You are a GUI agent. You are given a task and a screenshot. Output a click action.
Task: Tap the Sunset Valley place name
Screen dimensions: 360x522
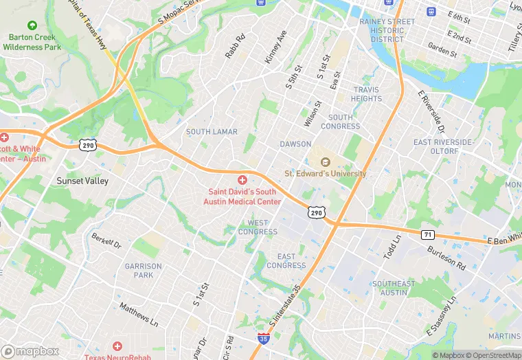tap(82, 181)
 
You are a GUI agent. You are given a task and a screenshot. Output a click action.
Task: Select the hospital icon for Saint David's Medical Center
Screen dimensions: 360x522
tap(242, 179)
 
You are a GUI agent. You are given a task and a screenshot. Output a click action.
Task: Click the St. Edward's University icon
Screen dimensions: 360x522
tap(326, 162)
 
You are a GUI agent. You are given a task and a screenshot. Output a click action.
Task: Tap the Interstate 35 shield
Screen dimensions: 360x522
tap(263, 339)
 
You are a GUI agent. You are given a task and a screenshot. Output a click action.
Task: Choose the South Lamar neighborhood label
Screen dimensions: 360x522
tap(212, 132)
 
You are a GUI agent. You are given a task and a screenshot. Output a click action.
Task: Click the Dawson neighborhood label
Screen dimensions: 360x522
tap(295, 144)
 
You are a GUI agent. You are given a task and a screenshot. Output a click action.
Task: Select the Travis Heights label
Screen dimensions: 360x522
tap(367, 94)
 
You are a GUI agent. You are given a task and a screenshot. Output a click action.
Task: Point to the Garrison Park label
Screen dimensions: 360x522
tap(144, 271)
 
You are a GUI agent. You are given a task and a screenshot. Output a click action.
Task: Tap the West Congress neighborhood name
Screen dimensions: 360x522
tap(258, 227)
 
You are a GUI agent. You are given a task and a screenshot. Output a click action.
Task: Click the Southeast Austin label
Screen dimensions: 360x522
tap(394, 288)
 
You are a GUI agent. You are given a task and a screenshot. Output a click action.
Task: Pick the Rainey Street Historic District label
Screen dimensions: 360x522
tap(387, 30)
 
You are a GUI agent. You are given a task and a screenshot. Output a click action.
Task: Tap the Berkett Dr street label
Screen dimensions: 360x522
tap(106, 240)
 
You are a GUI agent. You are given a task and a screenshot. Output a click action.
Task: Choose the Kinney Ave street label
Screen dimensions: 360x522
tap(276, 47)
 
